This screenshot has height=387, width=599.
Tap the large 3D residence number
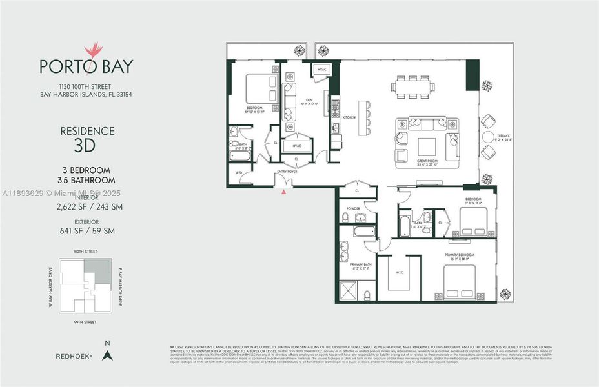pyautogui.click(x=87, y=144)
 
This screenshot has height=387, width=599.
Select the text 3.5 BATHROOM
pyautogui.click(x=87, y=180)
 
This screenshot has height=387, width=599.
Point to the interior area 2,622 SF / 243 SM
pyautogui.click(x=87, y=206)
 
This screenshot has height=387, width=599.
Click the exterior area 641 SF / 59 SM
pyautogui.click(x=87, y=228)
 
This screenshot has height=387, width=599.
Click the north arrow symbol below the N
pyautogui.click(x=108, y=354)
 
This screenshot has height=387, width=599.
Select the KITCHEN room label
pyautogui.click(x=349, y=117)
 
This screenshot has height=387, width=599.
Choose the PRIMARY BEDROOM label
pyautogui.click(x=460, y=255)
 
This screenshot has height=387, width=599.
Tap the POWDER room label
pyautogui.click(x=352, y=208)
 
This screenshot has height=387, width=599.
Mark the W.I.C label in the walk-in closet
pyautogui.click(x=399, y=271)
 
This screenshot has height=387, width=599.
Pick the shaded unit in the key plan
pyautogui.click(x=104, y=271)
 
